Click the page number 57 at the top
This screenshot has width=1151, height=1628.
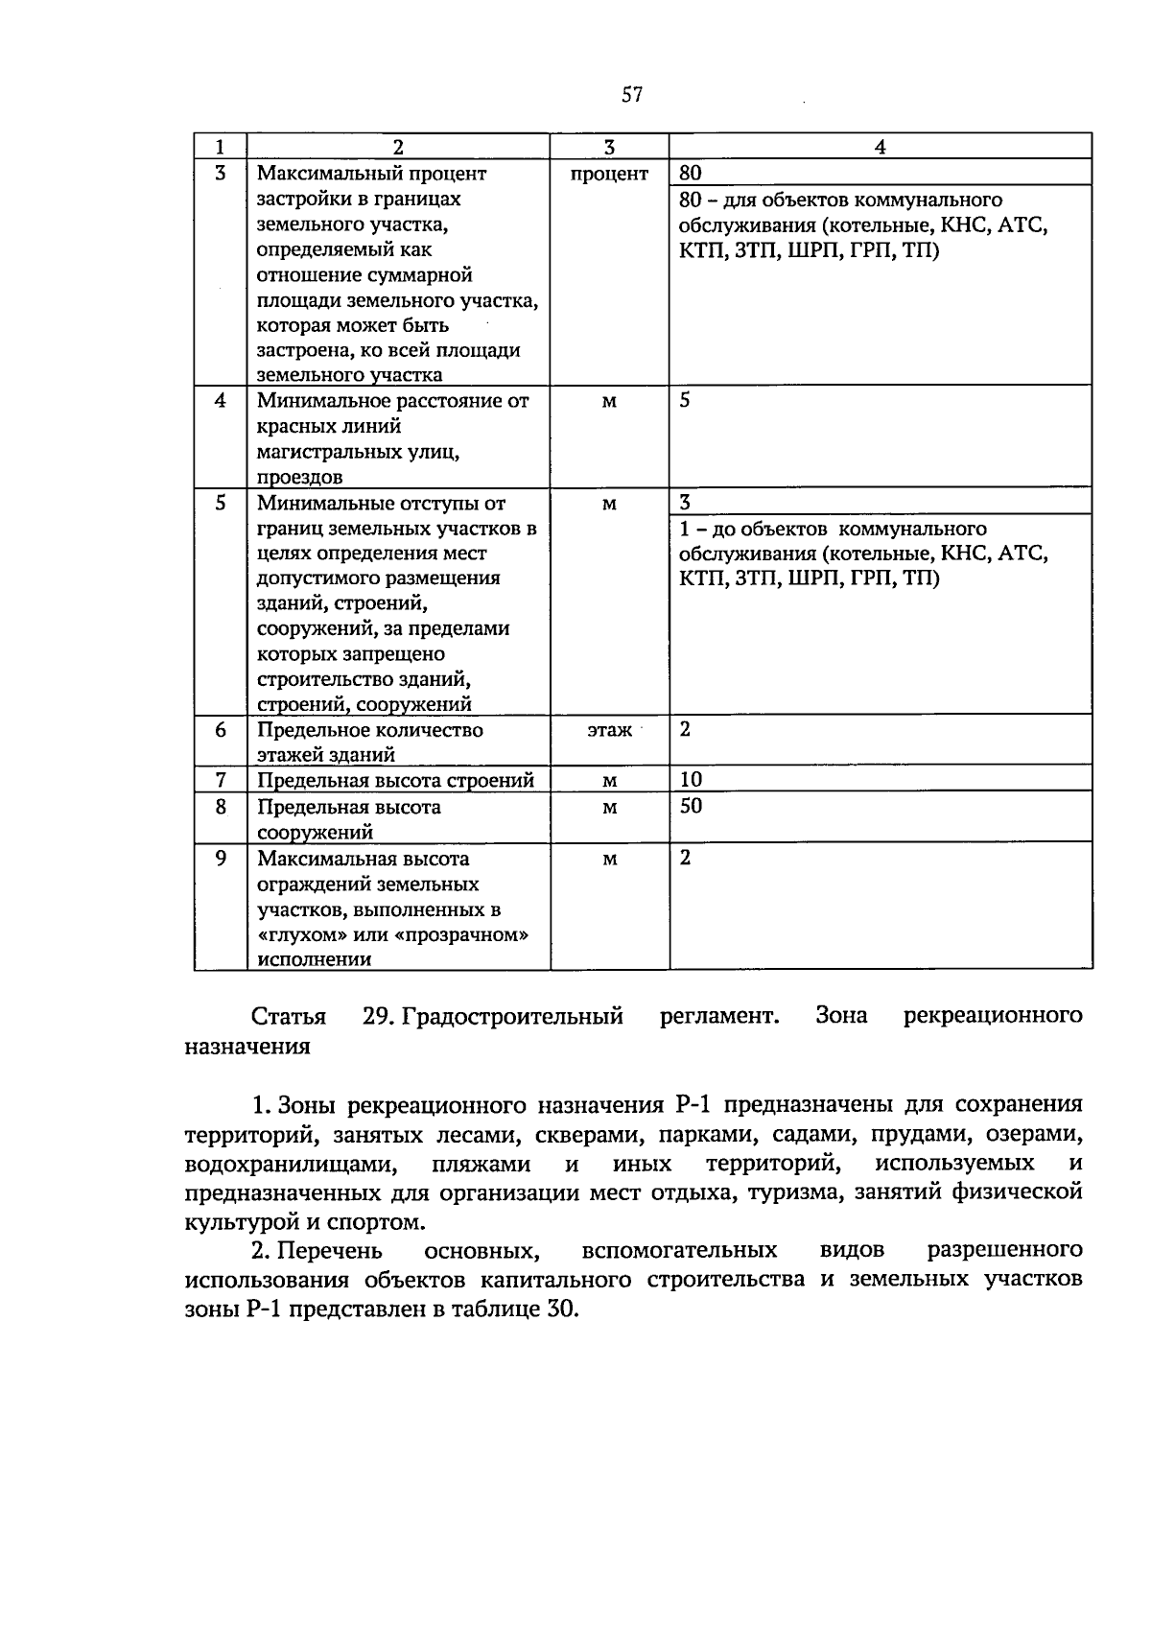click(631, 94)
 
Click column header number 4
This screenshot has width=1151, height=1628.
click(880, 147)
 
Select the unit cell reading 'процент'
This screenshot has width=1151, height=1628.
click(609, 174)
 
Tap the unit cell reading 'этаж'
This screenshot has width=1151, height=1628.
click(609, 730)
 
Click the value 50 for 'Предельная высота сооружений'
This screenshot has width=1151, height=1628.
click(691, 806)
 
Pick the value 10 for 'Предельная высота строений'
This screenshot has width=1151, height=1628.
click(691, 779)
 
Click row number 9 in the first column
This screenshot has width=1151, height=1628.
click(221, 858)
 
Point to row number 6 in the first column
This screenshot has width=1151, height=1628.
click(221, 730)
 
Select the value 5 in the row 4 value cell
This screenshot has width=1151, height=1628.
click(685, 400)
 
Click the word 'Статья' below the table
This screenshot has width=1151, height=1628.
click(288, 1016)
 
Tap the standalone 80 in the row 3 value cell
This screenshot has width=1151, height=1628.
click(691, 174)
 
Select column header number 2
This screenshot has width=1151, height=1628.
click(398, 147)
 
